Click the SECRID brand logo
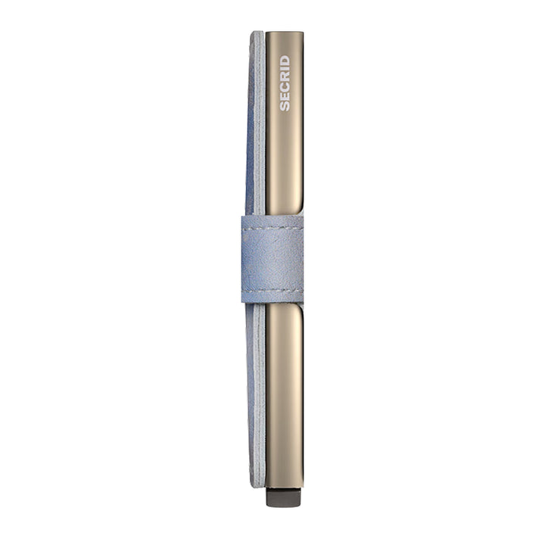click(285, 83)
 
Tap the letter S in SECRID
click(285, 107)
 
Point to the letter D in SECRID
click(285, 60)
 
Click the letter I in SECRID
click(285, 69)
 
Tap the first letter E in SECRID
click(285, 97)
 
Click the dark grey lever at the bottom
click(284, 497)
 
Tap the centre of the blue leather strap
click(272, 259)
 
